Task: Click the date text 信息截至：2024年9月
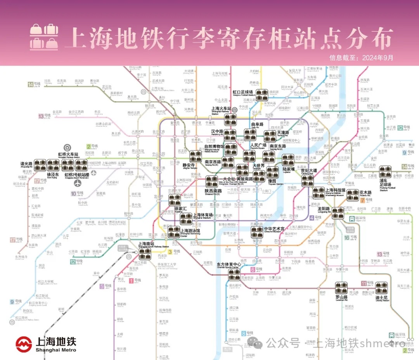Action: click(x=361, y=58)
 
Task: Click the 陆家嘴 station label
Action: click(x=289, y=170)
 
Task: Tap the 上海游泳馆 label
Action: click(x=191, y=231)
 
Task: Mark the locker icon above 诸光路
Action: click(x=40, y=165)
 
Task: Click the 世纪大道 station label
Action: click(x=309, y=171)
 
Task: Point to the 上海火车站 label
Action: click(x=221, y=109)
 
